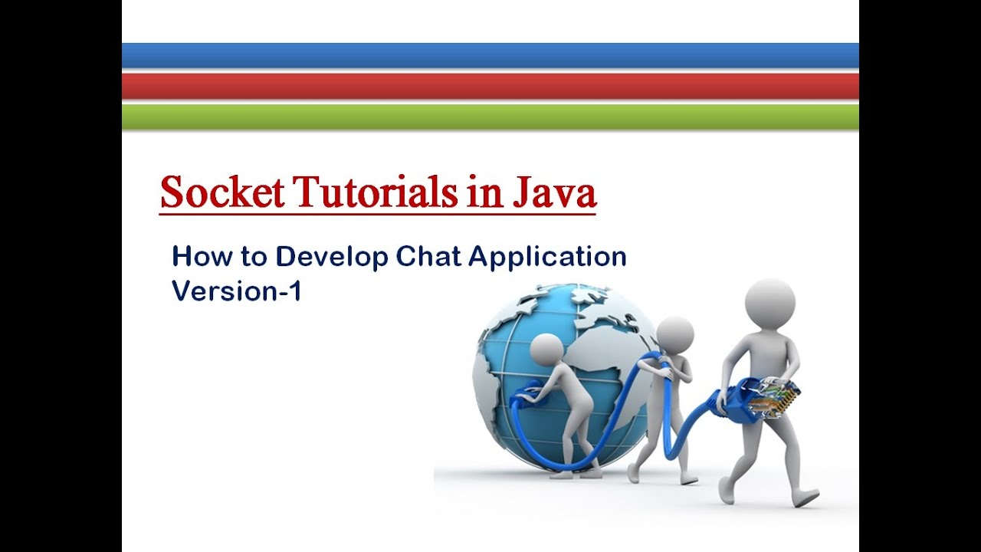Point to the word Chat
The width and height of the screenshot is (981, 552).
[428, 256]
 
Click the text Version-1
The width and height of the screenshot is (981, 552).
[236, 291]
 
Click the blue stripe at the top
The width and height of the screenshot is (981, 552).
[490, 56]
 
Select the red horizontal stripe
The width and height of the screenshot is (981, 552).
[490, 86]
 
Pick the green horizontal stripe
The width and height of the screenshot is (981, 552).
[490, 116]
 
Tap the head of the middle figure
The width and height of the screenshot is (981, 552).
[675, 334]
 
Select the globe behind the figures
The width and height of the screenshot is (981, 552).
[536, 322]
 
